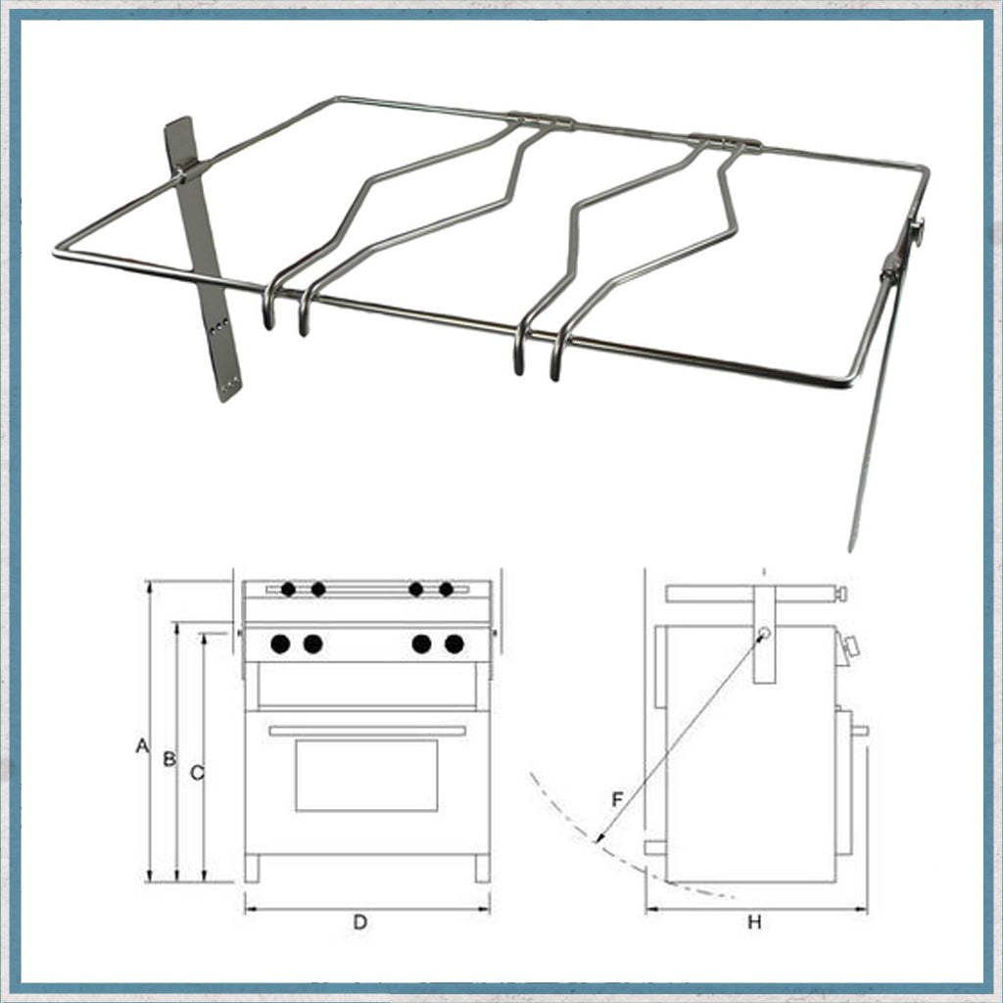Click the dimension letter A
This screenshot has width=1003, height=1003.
tap(142, 745)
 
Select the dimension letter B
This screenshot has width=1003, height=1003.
tap(169, 759)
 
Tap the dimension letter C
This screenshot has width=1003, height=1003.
tap(197, 773)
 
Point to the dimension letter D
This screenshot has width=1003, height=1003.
tap(360, 922)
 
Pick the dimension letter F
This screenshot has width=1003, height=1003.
tap(617, 799)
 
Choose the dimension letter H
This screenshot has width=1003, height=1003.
tap(755, 922)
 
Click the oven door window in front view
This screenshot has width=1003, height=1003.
tap(366, 776)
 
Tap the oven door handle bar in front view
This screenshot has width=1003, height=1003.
tap(367, 731)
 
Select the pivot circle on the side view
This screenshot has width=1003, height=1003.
tap(764, 634)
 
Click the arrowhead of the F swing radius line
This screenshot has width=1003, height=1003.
tap(598, 838)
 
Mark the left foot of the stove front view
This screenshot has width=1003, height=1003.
tap(253, 869)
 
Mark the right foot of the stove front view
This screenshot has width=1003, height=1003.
tap(482, 869)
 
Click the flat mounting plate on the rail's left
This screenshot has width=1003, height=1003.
tap(201, 259)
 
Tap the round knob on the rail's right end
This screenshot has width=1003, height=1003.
tap(919, 232)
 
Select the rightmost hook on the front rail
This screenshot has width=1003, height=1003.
tap(557, 354)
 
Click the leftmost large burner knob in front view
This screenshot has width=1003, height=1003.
tap(280, 644)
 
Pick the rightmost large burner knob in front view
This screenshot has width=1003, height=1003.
tap(454, 644)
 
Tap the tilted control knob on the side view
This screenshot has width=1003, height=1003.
tap(851, 647)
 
